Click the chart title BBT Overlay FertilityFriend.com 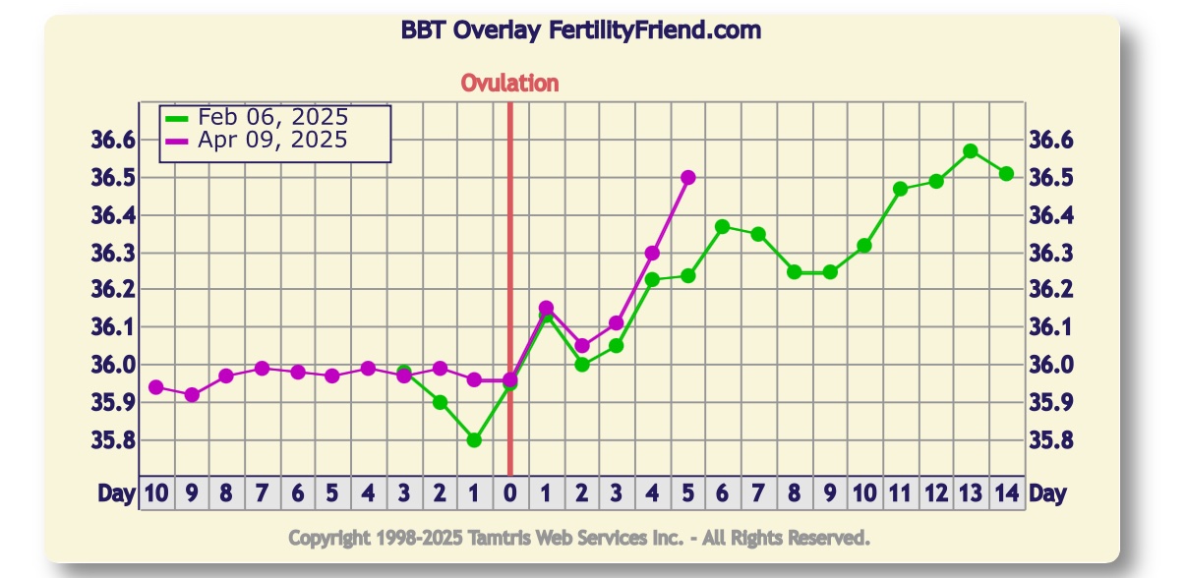[x=580, y=30]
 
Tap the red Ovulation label [x=509, y=84]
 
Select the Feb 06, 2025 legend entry [x=272, y=118]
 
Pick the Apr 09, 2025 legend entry [x=272, y=141]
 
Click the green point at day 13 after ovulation [x=971, y=151]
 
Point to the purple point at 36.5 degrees [x=688, y=178]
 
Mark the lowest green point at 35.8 [x=474, y=440]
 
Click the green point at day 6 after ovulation [x=722, y=227]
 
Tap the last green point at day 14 [x=1006, y=174]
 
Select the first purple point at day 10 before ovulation [x=155, y=387]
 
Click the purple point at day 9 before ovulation [x=192, y=395]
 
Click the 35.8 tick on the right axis [x=1051, y=440]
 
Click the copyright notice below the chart [x=579, y=538]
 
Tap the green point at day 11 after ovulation [x=900, y=189]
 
